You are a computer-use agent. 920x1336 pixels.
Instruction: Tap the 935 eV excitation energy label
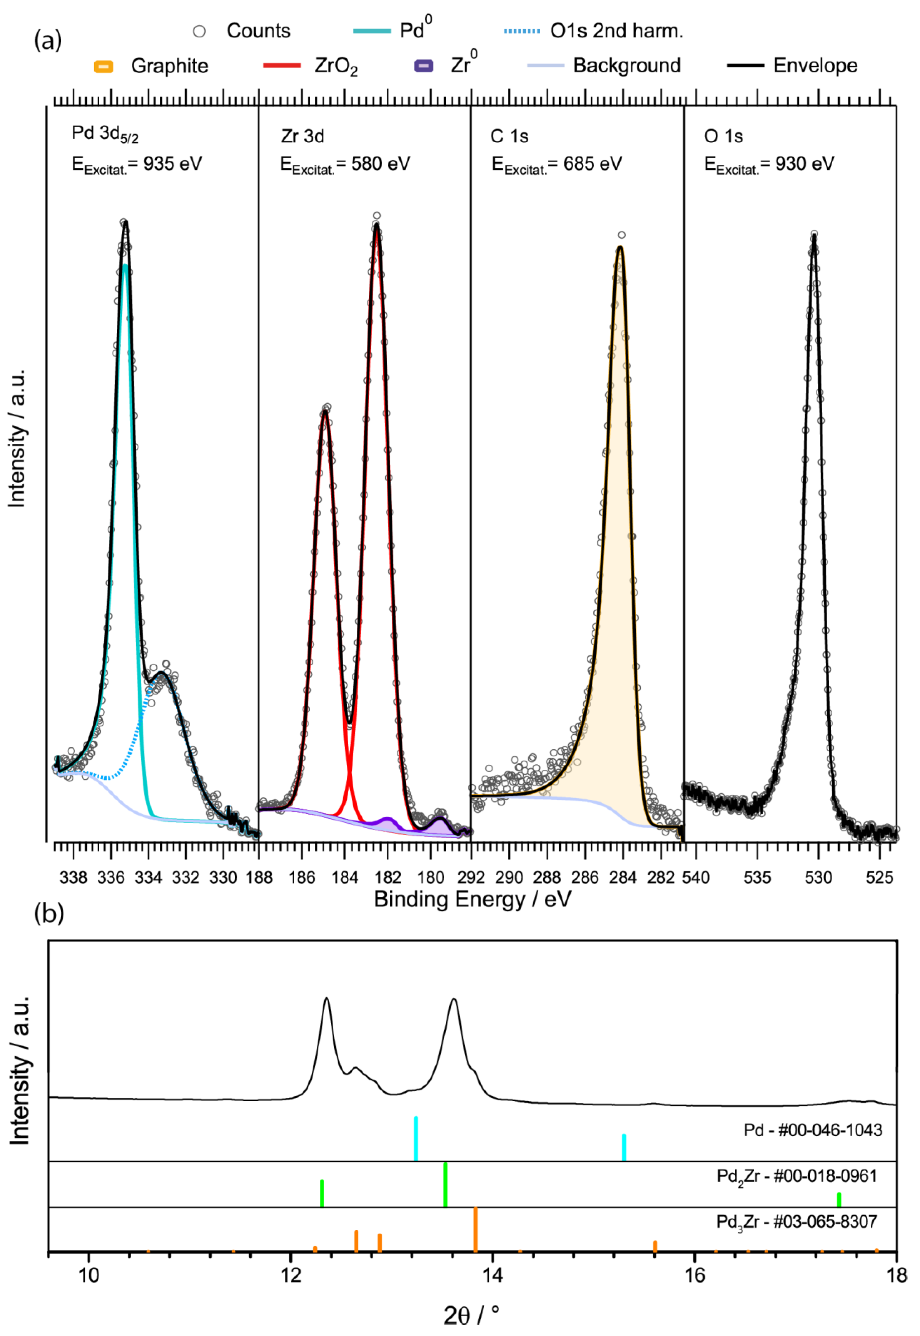[x=137, y=164]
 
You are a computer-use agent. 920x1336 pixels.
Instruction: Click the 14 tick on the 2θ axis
[x=492, y=1275]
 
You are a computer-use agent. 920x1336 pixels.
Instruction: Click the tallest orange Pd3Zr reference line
[x=476, y=1229]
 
